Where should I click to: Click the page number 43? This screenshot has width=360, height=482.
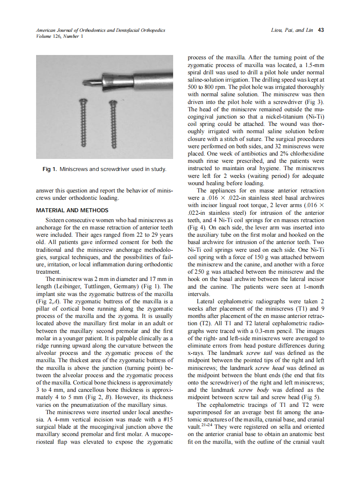(x=320, y=30)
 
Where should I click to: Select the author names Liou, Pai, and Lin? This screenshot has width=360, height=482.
(x=292, y=30)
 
